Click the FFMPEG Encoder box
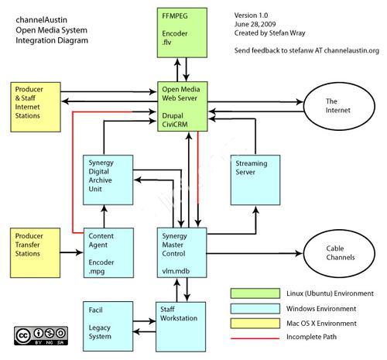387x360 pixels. click(182, 33)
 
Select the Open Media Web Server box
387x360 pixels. click(183, 107)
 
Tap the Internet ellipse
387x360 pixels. click(339, 106)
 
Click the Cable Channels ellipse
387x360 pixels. click(339, 253)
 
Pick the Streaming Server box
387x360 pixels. click(255, 180)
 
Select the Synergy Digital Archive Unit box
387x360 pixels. click(108, 180)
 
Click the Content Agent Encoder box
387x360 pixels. click(108, 253)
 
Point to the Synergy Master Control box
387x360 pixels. click(182, 253)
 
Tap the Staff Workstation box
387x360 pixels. click(181, 327)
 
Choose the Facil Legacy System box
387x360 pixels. click(108, 327)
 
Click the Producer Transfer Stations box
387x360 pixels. click(36, 253)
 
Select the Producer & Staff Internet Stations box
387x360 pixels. click(36, 107)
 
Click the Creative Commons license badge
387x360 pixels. click(41, 336)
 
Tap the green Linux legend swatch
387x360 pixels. click(255, 293)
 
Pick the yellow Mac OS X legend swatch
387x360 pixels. click(255, 324)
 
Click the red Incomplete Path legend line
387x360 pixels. click(255, 338)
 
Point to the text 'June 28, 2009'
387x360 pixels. click(255, 24)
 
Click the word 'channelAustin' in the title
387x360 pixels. click(42, 20)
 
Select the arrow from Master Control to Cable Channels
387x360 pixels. click(255, 253)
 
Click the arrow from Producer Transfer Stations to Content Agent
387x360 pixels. click(72, 252)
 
